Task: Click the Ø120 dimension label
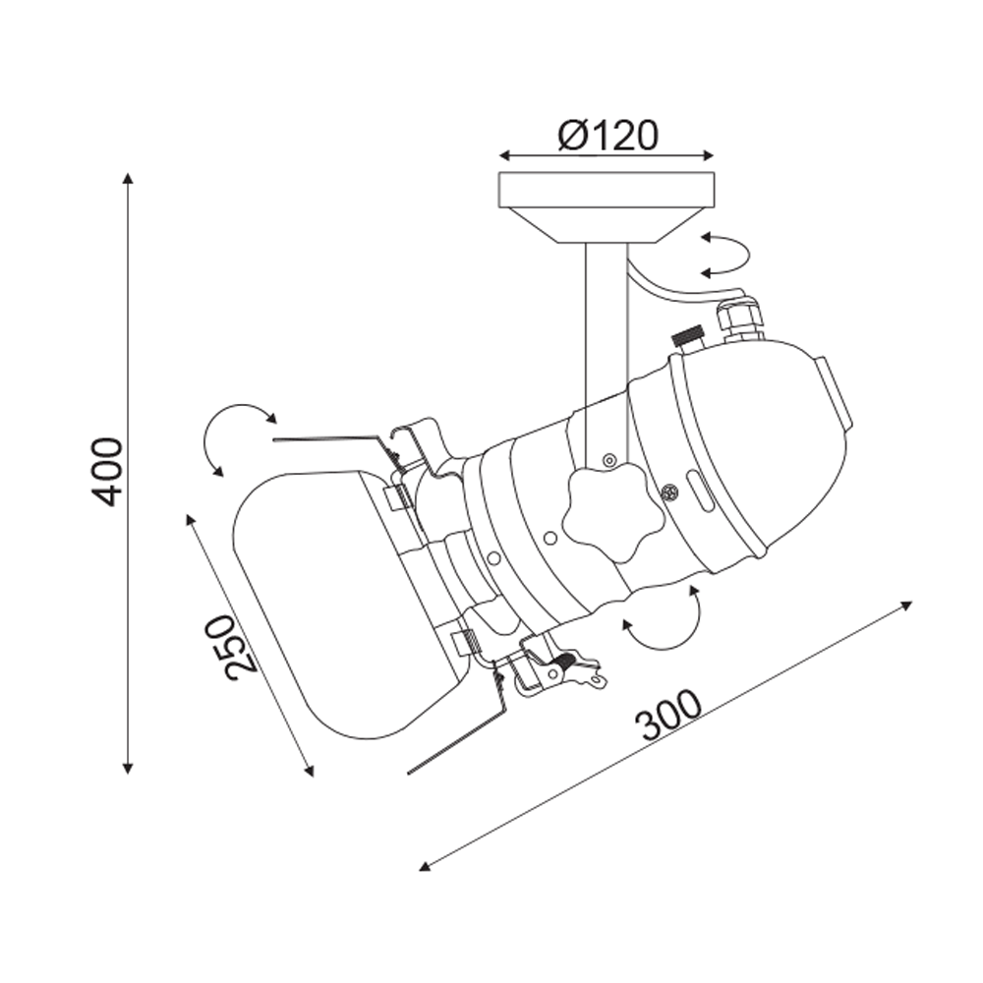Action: coord(607,135)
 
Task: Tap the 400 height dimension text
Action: coord(105,472)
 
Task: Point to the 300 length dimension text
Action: coord(667,716)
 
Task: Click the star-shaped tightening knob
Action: coord(611,512)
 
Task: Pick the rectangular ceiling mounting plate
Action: coord(606,190)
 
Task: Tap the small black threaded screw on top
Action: coord(687,335)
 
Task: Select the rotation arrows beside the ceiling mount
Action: coord(726,255)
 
